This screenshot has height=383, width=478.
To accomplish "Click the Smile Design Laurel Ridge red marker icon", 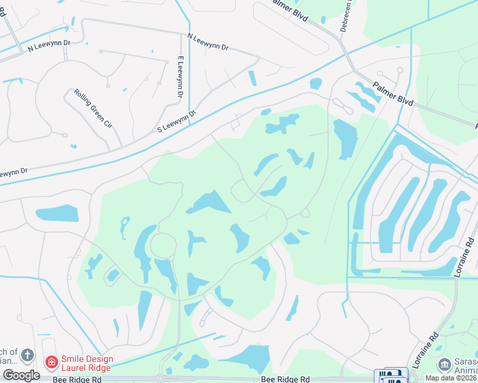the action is click(51, 363).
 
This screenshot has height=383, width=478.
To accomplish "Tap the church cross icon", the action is click(27, 354).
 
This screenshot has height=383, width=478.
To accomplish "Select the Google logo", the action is click(21, 375).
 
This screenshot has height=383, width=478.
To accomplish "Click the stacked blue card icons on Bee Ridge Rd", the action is click(390, 376).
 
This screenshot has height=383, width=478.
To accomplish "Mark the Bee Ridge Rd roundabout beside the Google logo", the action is click(161, 378).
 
